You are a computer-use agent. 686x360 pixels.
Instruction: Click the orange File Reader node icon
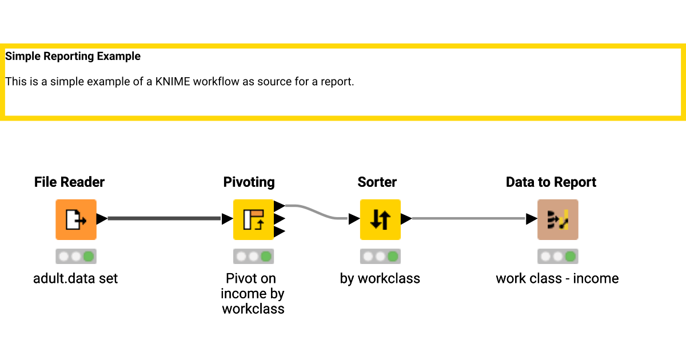coord(75,219)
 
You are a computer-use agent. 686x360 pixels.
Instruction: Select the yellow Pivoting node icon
coord(253,219)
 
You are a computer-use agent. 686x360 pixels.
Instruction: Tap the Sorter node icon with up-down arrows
coord(380,219)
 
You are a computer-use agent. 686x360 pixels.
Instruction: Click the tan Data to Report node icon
coord(557,219)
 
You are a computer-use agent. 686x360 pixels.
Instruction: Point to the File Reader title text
coord(69,182)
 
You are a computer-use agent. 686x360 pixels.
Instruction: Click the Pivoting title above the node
coord(249,182)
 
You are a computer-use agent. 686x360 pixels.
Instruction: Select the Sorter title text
coord(377,182)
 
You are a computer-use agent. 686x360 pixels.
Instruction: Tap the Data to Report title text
coord(551,182)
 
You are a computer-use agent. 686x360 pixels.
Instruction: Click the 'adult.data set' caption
coord(75,279)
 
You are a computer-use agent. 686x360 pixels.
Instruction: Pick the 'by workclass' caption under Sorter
coord(380,279)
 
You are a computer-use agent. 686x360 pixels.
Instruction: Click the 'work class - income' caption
coord(557,279)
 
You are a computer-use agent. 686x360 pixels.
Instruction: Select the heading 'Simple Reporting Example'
coord(73,57)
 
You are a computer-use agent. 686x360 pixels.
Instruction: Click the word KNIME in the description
coord(173,82)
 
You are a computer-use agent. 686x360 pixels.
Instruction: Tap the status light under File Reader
coord(75,257)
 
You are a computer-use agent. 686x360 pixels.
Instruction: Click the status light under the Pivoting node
coord(253,257)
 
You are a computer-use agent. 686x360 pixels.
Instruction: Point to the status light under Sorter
coord(380,257)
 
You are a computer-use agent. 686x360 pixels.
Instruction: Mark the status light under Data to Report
coord(557,257)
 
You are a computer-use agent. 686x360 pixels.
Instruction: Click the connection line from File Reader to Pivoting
coord(164,218)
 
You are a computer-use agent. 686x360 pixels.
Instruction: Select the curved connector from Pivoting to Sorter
coord(317,211)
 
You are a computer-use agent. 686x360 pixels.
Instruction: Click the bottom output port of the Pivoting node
coord(280,231)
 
